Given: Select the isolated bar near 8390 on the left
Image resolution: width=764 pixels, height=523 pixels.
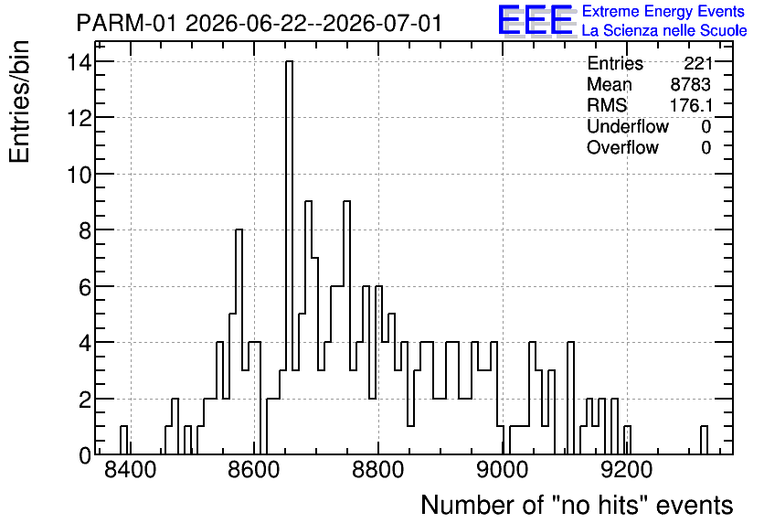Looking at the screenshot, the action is pos(123,440).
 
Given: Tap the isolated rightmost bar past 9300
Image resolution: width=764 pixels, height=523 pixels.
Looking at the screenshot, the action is pos(704,440).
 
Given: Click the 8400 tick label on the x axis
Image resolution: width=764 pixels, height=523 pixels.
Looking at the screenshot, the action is pos(131,471).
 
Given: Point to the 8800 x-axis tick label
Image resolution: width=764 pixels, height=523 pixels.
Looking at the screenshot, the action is pos(378,471).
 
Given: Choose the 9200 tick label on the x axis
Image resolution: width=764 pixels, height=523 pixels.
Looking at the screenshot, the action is pos(627,471).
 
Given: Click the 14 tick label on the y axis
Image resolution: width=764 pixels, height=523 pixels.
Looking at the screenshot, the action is pos(80,62).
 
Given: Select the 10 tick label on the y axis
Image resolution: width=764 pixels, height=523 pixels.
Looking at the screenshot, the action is pos(80,174).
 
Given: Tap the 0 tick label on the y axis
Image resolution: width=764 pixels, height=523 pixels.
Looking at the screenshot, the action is pos(85,455).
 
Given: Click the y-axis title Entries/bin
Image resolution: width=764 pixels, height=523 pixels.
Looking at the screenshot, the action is pos(20,101).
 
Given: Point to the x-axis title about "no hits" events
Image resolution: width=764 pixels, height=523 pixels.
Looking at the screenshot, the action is pos(577,505).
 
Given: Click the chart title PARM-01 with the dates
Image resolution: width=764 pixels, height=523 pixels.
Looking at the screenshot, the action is pos(260,24).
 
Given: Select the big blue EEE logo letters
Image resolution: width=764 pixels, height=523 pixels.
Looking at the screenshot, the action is pos(536,20).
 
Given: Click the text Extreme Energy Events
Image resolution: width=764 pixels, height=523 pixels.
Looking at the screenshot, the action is pos(663,11).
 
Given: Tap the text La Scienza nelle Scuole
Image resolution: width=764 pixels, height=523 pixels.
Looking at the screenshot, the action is pos(664,31).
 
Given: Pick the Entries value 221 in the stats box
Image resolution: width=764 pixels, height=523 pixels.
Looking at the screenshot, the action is pos(697,63).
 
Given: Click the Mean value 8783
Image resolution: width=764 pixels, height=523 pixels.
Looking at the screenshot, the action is pos(690,84).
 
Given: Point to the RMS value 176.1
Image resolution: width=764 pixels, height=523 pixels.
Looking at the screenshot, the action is pos(691,105).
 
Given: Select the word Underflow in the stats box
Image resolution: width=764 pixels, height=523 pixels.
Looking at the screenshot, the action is pos(628,126).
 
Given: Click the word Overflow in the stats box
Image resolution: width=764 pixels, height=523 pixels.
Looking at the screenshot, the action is pos(622,147).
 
